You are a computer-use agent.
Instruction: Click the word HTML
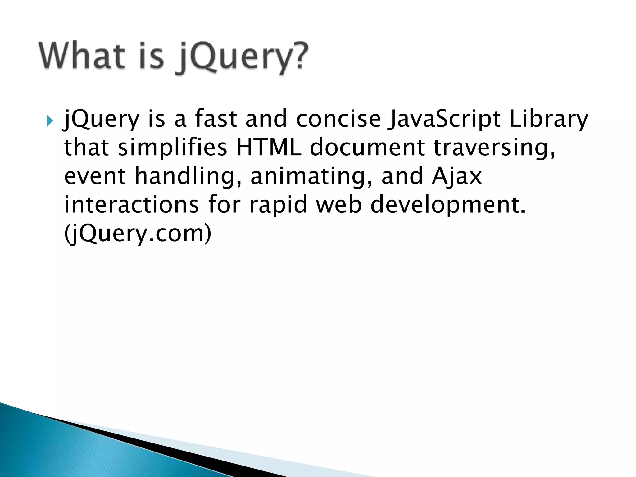click(x=269, y=147)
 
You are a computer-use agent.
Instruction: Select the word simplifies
click(x=172, y=147)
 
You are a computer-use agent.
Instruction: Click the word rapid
click(x=278, y=205)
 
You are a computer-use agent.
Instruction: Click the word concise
click(x=338, y=120)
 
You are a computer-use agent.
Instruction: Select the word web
click(x=339, y=205)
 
